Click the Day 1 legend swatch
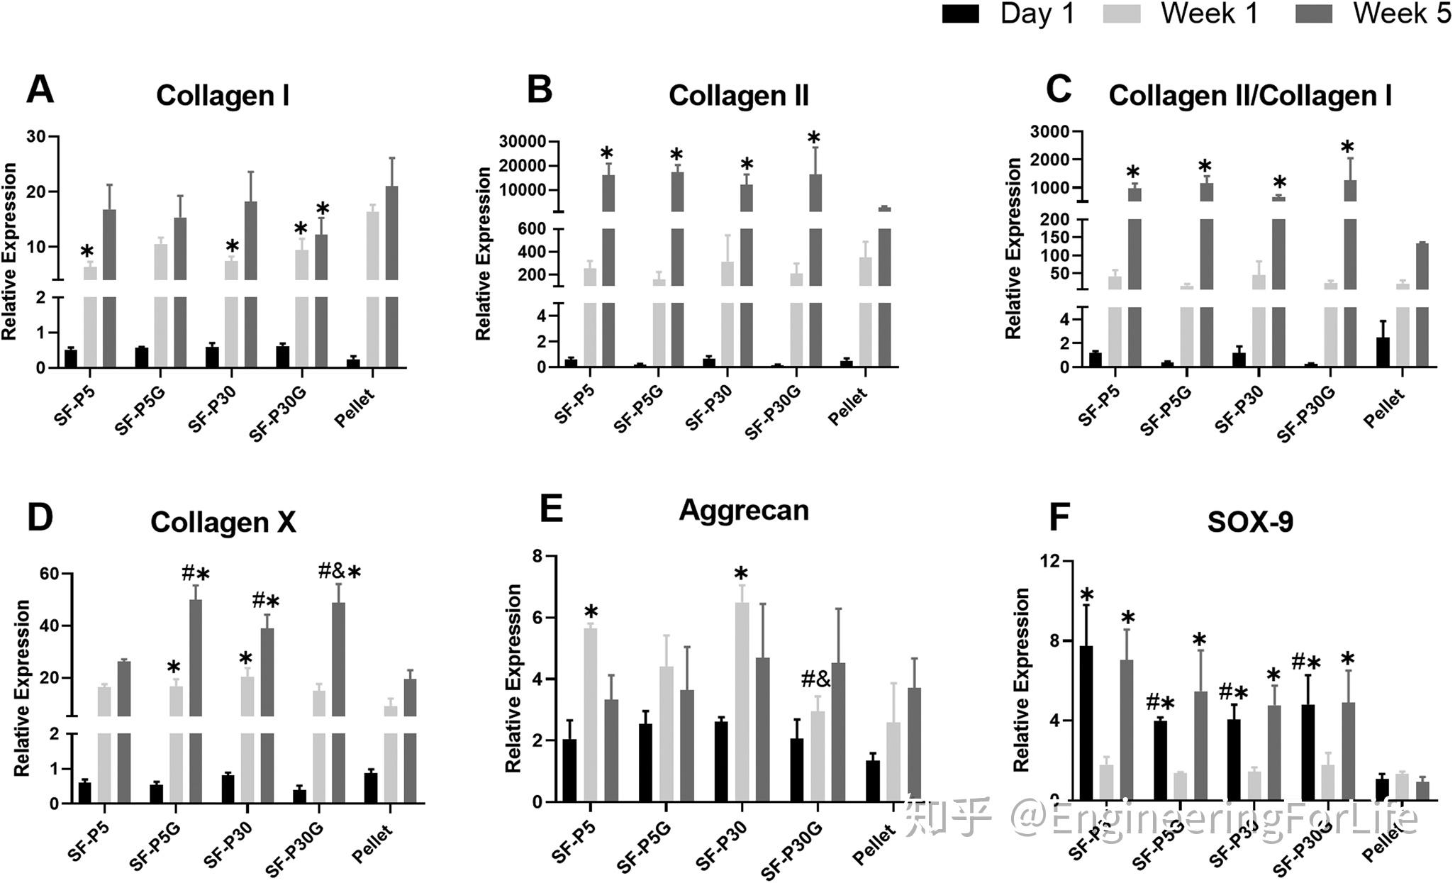pos(960,14)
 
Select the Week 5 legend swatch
pos(1313,14)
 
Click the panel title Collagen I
pos(223,96)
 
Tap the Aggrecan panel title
pos(744,511)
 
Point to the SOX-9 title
pos(1250,522)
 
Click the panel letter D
pos(40,518)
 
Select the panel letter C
pos(1059,90)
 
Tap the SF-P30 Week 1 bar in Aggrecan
pos(742,702)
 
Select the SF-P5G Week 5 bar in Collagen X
pos(195,702)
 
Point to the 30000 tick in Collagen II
pos(523,142)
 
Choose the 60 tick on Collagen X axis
pos(49,574)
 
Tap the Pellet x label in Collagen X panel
pos(373,843)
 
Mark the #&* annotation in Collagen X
pos(340,572)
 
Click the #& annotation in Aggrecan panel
pos(815,680)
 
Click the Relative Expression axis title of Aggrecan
pos(513,678)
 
